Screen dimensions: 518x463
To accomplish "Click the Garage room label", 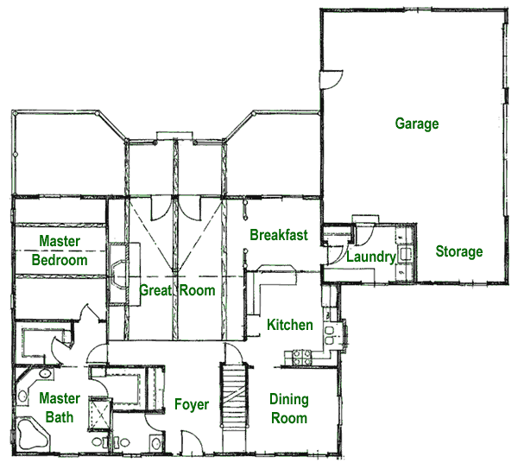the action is pos(417,124).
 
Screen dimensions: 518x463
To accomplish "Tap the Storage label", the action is pos(459,251).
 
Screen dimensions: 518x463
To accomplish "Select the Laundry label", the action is pos(371,257).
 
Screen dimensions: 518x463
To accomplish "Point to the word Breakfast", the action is pos(279,235).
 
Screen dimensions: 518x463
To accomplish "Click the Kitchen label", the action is pos(290,325).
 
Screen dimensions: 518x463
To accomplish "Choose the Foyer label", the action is pos(192,404).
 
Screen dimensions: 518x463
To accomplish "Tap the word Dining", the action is pos(289,400).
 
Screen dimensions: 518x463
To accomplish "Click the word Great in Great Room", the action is pos(155,290).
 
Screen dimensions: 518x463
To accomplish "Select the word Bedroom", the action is pos(60,260).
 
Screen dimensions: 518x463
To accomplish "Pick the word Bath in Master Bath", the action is pos(60,417).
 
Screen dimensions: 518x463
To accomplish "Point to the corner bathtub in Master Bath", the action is pos(33,434).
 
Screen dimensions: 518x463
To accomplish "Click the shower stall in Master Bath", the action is pos(100,415).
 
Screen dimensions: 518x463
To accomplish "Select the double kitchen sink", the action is pos(330,335).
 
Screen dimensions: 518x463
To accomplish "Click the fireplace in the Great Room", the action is pos(119,273).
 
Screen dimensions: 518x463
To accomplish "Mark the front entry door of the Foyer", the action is pos(192,441).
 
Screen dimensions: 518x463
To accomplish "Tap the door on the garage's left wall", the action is pos(331,79).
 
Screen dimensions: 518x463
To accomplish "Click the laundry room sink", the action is pos(406,254).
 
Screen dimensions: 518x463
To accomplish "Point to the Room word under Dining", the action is pos(289,418).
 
